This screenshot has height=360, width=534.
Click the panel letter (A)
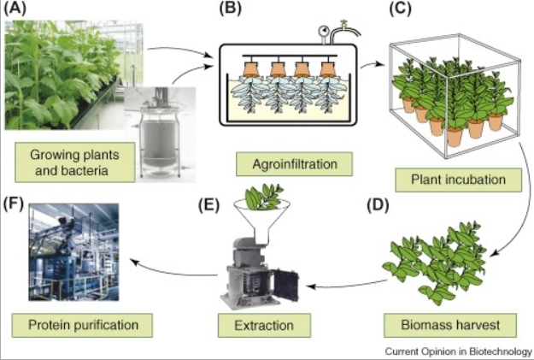click(15, 9)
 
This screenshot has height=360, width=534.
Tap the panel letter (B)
click(230, 9)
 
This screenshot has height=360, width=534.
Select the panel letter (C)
click(401, 9)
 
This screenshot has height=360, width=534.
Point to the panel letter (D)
click(378, 205)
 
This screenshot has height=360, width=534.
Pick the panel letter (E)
click(208, 205)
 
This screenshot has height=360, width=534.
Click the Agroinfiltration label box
click(294, 164)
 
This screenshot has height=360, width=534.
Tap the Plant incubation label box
click(459, 180)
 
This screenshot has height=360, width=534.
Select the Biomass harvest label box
click(450, 325)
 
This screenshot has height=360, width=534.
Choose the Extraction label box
click(264, 325)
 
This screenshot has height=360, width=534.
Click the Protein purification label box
click(83, 325)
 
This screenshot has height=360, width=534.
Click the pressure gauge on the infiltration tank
click(322, 32)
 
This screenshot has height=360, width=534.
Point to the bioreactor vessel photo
click(160, 133)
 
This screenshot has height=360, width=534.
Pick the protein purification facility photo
click(73, 252)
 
